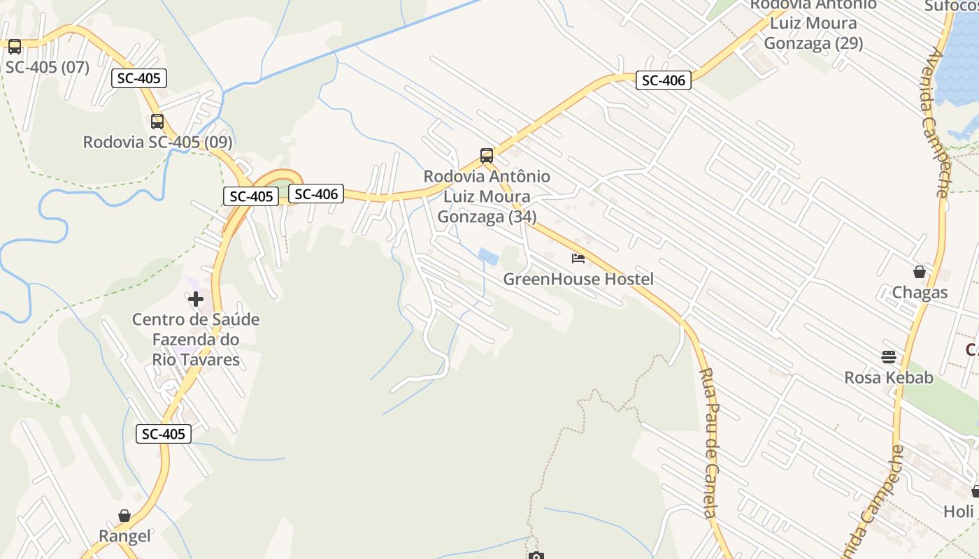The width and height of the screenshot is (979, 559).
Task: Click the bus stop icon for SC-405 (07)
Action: click(x=14, y=47)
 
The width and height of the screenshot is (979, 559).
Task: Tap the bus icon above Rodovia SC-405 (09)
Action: click(x=157, y=122)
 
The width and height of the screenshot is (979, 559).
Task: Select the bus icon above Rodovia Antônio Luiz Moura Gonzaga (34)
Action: click(x=487, y=156)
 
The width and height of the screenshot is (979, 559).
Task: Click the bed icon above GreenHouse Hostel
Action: click(x=578, y=259)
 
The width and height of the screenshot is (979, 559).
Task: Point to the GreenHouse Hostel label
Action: click(x=578, y=279)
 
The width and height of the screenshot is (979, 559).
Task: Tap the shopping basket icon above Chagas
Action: click(x=920, y=272)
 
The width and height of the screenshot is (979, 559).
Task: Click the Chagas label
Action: click(x=920, y=292)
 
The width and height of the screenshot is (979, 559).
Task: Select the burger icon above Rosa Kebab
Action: click(x=889, y=357)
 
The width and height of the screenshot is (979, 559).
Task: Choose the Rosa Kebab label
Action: click(x=889, y=378)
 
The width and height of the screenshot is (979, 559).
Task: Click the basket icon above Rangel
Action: click(x=124, y=516)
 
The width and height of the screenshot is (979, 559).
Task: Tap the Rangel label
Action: click(x=124, y=536)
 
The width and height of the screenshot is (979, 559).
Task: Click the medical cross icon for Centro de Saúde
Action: click(x=196, y=299)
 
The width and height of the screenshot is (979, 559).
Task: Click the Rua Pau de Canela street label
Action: click(x=709, y=443)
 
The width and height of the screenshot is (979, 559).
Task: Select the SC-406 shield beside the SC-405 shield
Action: click(x=317, y=194)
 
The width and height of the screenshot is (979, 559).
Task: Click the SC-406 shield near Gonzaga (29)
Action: click(x=664, y=80)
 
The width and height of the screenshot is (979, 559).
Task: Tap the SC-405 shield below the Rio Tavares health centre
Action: click(x=164, y=434)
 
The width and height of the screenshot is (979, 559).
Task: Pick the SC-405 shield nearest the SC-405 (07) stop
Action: click(x=139, y=78)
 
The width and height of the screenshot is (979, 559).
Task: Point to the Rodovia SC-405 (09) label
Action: click(x=157, y=142)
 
